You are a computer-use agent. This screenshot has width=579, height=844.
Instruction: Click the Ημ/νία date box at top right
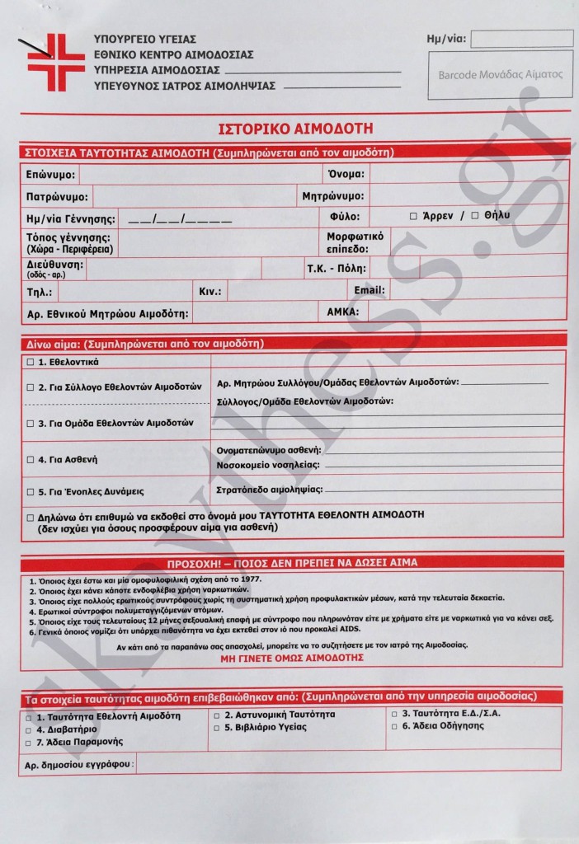pos(521,39)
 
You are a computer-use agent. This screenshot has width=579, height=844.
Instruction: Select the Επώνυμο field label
pos(50,176)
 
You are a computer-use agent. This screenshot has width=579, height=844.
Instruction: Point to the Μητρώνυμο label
pos(333,197)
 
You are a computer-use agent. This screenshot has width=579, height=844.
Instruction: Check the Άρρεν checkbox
pos(414,216)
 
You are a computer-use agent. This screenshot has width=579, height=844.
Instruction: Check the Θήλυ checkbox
pos(475,216)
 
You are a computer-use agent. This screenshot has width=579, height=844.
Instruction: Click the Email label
pos(369,291)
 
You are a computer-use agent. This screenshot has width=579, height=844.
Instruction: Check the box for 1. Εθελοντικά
pos(31,362)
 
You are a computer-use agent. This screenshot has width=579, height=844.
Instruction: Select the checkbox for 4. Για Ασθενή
pos(31,459)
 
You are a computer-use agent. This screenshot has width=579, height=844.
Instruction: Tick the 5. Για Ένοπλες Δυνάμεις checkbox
pos(31,491)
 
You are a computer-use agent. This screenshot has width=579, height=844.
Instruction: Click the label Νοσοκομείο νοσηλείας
pos(267,464)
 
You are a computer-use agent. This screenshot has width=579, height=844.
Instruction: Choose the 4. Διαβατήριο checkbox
pos(30,729)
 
